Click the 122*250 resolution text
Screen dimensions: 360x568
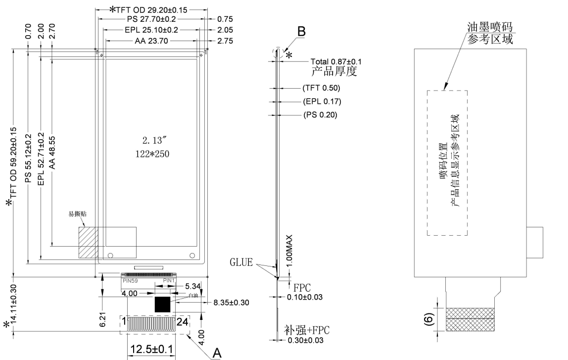pos(149,154)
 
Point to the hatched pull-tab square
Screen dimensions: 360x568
pos(88,243)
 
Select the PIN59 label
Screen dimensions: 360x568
pos(130,281)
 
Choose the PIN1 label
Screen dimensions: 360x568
pos(169,281)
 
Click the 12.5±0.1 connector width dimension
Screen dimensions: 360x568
pos(151,350)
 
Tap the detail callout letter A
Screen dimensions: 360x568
pos(216,352)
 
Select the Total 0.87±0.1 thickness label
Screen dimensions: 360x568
pos(336,61)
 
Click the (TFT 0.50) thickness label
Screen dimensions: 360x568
pos(322,88)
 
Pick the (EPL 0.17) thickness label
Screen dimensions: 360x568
pos(322,102)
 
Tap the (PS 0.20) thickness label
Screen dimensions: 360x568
pos(321,115)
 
